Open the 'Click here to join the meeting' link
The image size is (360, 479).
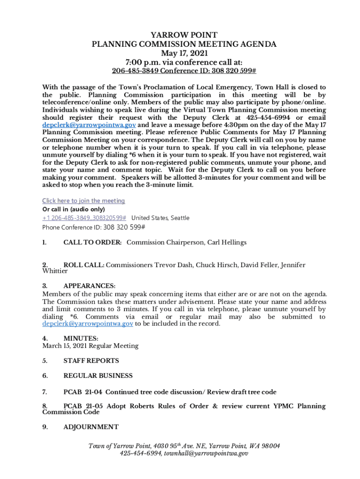click(84, 201)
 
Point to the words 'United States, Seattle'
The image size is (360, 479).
click(160, 218)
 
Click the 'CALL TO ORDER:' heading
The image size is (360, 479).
click(93, 242)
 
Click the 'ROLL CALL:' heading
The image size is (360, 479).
click(84, 265)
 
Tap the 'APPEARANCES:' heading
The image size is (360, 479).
click(89, 286)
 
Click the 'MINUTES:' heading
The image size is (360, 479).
click(80, 338)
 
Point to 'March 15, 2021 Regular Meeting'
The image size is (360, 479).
click(90, 346)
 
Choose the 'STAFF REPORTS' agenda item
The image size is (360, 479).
click(91, 361)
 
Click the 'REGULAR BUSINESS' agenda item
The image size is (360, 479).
click(98, 376)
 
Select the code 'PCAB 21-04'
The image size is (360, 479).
click(83, 392)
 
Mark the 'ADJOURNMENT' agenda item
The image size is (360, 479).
click(91, 427)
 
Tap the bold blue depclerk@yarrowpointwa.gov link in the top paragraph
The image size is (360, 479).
click(89, 125)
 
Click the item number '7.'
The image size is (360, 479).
click(45, 392)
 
